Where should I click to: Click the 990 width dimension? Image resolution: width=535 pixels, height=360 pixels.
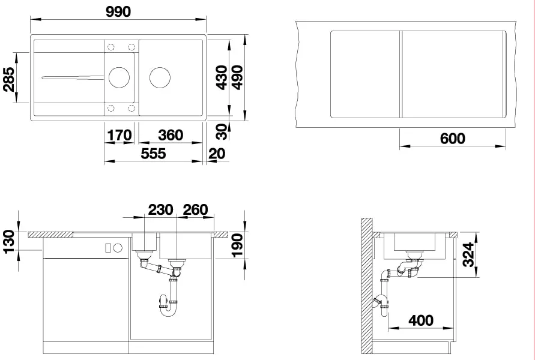118,11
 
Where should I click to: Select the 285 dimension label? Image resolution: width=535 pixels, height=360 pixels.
9,79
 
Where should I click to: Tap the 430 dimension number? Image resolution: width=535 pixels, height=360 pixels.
222,78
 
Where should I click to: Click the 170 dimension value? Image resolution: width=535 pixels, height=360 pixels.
119,136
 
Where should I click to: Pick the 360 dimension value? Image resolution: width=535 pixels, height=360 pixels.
171,136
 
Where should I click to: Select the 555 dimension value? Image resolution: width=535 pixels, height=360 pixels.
154,154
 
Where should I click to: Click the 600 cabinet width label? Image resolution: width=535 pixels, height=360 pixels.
452,139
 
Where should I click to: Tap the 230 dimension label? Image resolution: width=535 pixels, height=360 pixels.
160,209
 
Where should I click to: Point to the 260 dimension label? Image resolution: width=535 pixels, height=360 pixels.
196,209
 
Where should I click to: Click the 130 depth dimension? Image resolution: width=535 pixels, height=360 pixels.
9,242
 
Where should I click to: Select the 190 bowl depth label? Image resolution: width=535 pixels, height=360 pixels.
237,245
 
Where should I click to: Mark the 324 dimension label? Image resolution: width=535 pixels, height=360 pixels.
468,254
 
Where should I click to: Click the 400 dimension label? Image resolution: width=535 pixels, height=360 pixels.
421,320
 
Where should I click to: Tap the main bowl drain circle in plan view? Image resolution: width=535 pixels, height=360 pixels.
160,77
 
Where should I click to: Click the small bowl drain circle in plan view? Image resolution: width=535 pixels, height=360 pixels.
119,77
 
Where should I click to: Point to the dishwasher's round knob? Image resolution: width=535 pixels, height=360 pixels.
118,248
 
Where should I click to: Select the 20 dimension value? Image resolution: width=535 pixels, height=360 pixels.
217,154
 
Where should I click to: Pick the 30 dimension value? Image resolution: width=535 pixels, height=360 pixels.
222,131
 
